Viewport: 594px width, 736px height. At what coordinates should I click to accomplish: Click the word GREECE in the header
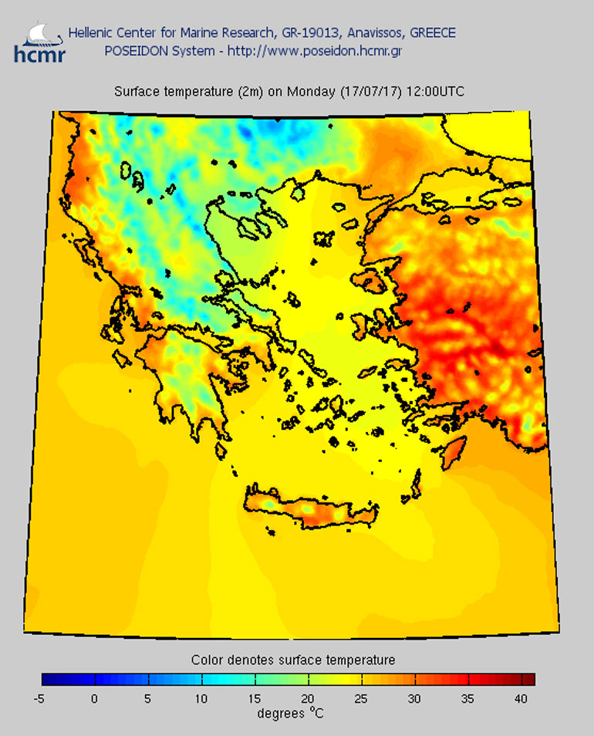(x=433, y=33)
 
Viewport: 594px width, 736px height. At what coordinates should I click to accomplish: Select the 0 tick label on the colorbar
(x=95, y=699)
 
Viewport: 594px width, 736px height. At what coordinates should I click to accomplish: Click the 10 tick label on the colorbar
(x=201, y=699)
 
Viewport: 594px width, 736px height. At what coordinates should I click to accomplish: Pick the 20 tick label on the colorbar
(x=309, y=699)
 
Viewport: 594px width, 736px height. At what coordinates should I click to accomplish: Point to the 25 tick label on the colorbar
(x=362, y=699)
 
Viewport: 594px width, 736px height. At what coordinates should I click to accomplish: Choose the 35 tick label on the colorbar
(x=468, y=699)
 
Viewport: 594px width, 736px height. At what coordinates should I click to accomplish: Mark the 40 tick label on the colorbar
(x=521, y=699)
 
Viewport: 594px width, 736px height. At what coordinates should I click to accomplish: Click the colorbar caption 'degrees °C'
(x=290, y=714)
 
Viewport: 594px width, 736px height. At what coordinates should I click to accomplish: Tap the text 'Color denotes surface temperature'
(x=293, y=660)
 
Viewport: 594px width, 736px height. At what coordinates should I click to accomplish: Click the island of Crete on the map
(x=309, y=509)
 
